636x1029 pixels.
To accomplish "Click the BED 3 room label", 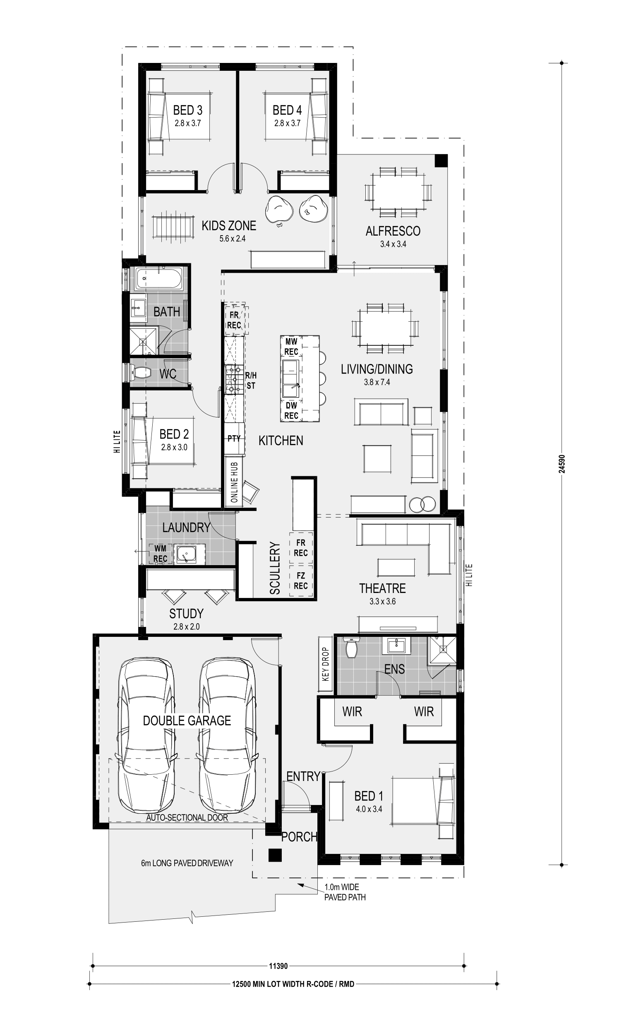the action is coord(187,110).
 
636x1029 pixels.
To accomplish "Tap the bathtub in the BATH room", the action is coord(159,278).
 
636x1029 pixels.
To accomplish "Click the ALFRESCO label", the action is coord(393,231).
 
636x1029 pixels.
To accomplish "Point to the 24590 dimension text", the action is coord(562,463).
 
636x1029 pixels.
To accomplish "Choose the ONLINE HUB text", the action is coord(234,482).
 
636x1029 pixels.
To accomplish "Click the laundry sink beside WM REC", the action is coord(185,554).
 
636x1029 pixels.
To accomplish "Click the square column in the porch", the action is coord(275,855).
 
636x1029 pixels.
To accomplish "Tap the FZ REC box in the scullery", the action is coord(301,581).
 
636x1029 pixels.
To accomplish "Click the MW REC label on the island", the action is coord(291,347).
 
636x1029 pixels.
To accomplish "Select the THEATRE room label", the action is coord(382,588).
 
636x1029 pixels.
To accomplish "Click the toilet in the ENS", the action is coord(351,648).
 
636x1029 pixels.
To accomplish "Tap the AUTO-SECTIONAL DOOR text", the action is coord(187,817).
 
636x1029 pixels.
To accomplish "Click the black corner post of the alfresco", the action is coord(441,161).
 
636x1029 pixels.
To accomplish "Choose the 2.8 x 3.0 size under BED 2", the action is coord(174,447).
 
